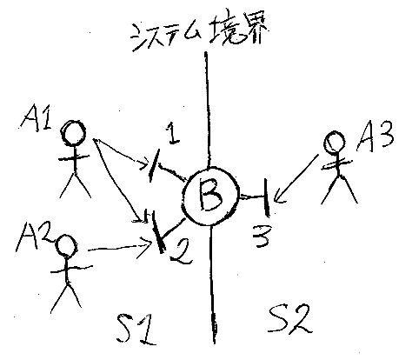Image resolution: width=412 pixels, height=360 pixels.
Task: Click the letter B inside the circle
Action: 210,196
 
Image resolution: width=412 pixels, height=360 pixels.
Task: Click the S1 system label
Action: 136,329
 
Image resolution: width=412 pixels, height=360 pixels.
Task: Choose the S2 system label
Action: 289,320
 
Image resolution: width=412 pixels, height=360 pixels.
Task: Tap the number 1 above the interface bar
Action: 173,133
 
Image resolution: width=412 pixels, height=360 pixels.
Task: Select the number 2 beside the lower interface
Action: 181,251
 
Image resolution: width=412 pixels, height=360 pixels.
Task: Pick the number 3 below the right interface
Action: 262,236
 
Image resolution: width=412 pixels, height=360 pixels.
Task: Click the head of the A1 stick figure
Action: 74,133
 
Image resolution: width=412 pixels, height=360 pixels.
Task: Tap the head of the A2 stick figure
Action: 66,245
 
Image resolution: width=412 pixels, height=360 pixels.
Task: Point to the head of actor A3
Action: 334,142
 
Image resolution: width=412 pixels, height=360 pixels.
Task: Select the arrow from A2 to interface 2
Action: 119,248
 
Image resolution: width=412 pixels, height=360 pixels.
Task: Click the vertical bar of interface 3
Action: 266,198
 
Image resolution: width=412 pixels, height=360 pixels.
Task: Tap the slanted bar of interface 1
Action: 154,165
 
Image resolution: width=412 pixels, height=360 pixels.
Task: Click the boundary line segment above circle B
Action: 207,110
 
